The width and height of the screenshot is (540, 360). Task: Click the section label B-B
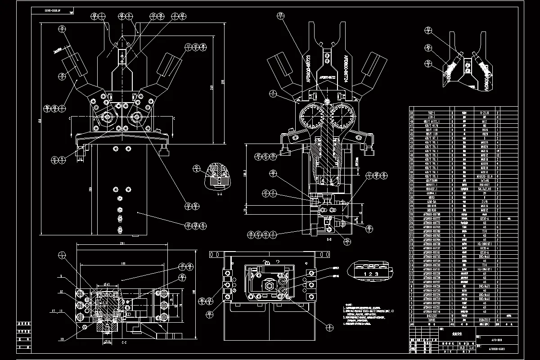tap(329, 240)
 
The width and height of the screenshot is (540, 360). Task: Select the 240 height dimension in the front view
tap(211, 88)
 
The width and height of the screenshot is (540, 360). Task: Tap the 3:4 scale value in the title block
tap(471, 347)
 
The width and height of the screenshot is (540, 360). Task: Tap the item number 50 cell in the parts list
tap(411, 109)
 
